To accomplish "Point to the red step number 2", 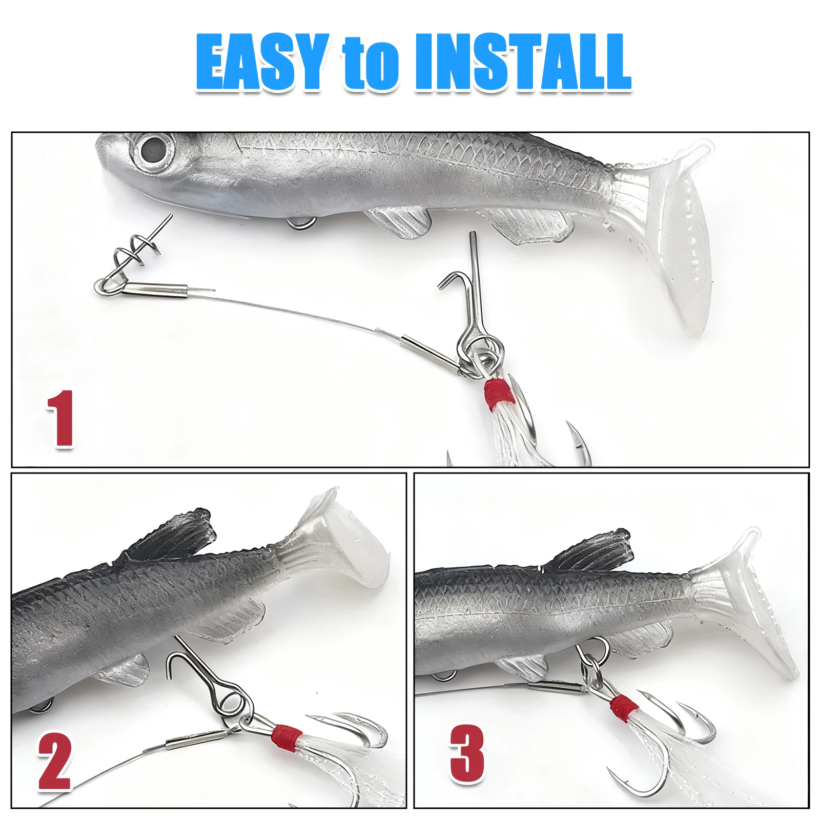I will pos(54,761).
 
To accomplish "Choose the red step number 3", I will pos(467,753).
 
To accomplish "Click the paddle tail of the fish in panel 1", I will pos(676,231).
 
